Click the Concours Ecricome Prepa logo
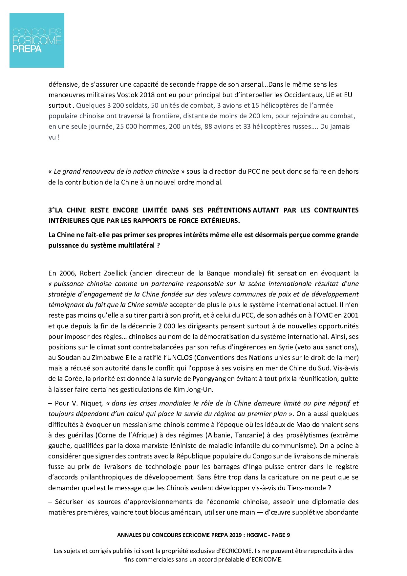pos(37,40)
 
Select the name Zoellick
pos(112,273)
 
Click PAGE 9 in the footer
pos(280,535)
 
